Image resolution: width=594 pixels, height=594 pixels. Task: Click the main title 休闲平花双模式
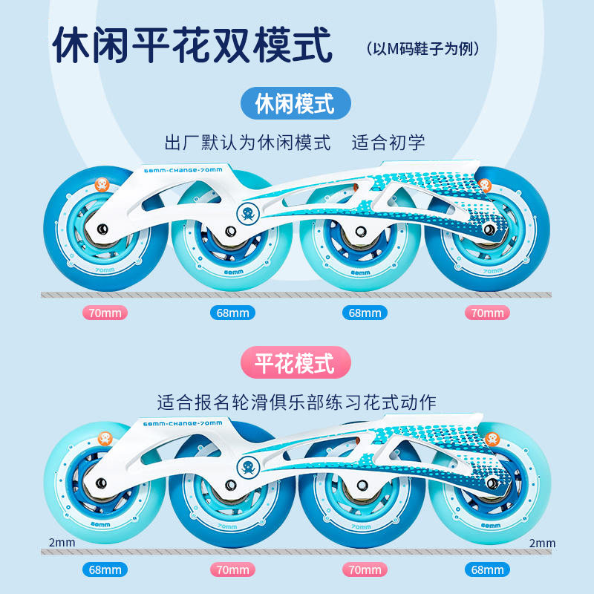[x=192, y=47]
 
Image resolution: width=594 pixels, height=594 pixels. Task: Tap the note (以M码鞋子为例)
[x=424, y=49]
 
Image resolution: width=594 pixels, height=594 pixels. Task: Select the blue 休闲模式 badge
[x=296, y=102]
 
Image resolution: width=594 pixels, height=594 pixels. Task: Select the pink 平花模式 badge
[x=296, y=363]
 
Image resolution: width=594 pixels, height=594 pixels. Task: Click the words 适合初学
[x=388, y=142]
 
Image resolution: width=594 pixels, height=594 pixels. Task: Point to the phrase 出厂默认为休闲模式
[x=248, y=142]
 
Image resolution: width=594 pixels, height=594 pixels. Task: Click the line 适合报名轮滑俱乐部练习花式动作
[x=296, y=402]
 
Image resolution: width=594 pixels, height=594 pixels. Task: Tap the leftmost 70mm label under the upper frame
[x=105, y=313]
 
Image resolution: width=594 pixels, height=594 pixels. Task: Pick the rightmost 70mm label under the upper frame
[x=488, y=313]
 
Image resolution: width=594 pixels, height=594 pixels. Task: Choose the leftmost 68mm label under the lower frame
[x=105, y=570]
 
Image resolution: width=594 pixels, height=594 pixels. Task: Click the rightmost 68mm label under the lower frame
[x=488, y=570]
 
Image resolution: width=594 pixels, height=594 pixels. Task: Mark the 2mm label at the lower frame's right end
[x=542, y=544]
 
